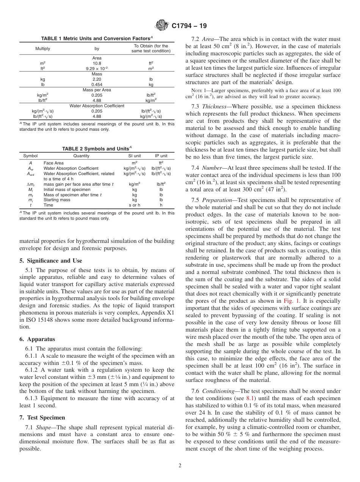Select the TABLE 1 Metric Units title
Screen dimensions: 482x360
(97, 38)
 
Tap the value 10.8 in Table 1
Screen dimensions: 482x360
(97, 63)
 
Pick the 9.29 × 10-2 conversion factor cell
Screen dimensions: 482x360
(97, 69)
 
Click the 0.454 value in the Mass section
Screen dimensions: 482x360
(97, 85)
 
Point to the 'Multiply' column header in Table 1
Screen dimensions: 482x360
(42, 49)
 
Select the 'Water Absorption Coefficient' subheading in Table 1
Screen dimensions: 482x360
(97, 106)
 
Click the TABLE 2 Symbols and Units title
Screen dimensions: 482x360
(97, 149)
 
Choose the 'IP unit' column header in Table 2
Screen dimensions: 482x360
(161, 156)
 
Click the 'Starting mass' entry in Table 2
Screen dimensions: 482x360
(57, 200)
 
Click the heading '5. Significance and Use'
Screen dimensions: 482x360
(50, 261)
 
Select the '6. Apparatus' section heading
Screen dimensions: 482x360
(37, 339)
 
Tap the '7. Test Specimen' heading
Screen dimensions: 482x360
(42, 418)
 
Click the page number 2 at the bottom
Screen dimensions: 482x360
(180, 466)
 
